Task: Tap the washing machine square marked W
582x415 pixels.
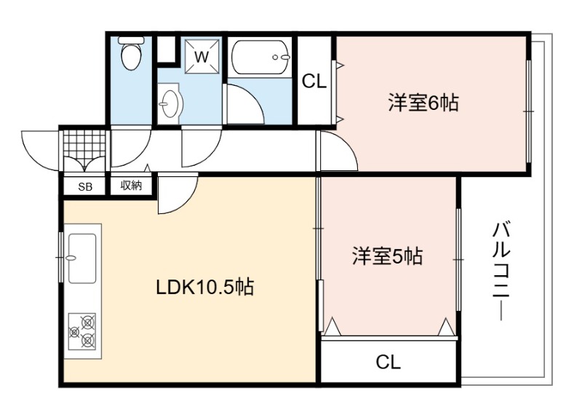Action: coord(202,57)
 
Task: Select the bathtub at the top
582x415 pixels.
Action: coord(260,58)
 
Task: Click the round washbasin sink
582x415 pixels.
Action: coord(170,103)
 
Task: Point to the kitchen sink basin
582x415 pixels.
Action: coord(82,258)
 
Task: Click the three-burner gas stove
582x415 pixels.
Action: coord(82,331)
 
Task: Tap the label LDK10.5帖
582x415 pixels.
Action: coord(205,287)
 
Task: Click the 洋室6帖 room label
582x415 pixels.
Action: coord(423,103)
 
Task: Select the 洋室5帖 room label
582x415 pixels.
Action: coord(387,256)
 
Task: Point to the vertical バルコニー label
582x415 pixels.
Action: coord(501,271)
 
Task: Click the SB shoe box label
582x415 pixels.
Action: coord(85,187)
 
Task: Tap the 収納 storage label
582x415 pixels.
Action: coord(132,186)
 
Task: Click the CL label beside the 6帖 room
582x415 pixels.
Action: coord(314,81)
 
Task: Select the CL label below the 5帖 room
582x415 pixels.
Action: coord(388,362)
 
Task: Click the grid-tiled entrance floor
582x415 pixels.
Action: coord(84,143)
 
